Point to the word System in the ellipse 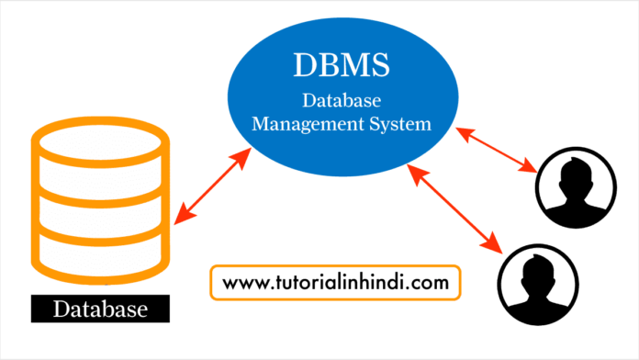pyautogui.click(x=400, y=124)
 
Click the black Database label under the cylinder pyautogui.click(x=100, y=309)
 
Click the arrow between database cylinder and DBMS pyautogui.click(x=213, y=184)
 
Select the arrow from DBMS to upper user pyautogui.click(x=497, y=150)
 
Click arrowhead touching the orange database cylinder pyautogui.click(x=180, y=217)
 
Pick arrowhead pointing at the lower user pyautogui.click(x=496, y=249)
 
